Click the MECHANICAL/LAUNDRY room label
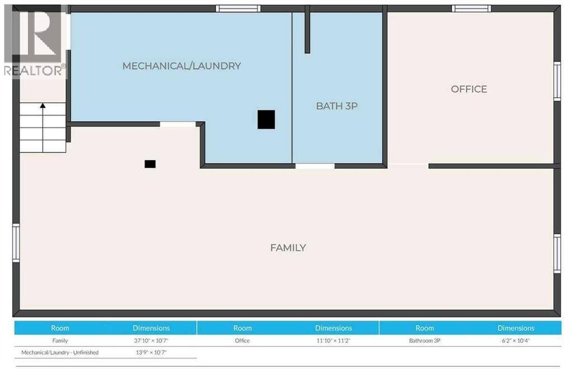tap(182, 66)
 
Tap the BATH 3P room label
tap(336, 106)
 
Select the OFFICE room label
tap(469, 89)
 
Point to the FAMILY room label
tap(288, 247)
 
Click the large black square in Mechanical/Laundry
tap(266, 119)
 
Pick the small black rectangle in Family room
tap(150, 164)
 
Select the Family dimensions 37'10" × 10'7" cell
tap(151, 341)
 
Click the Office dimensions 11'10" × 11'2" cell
tap(333, 341)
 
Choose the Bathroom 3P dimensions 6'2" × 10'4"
tap(516, 341)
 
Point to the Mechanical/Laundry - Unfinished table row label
tap(60, 352)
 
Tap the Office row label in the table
tap(242, 341)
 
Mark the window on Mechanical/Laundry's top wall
tap(239, 8)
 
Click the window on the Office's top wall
tap(471, 8)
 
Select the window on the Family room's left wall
tap(16, 242)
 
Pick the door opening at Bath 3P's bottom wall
tap(314, 166)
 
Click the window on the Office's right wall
tap(557, 81)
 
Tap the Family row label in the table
tap(60, 341)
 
